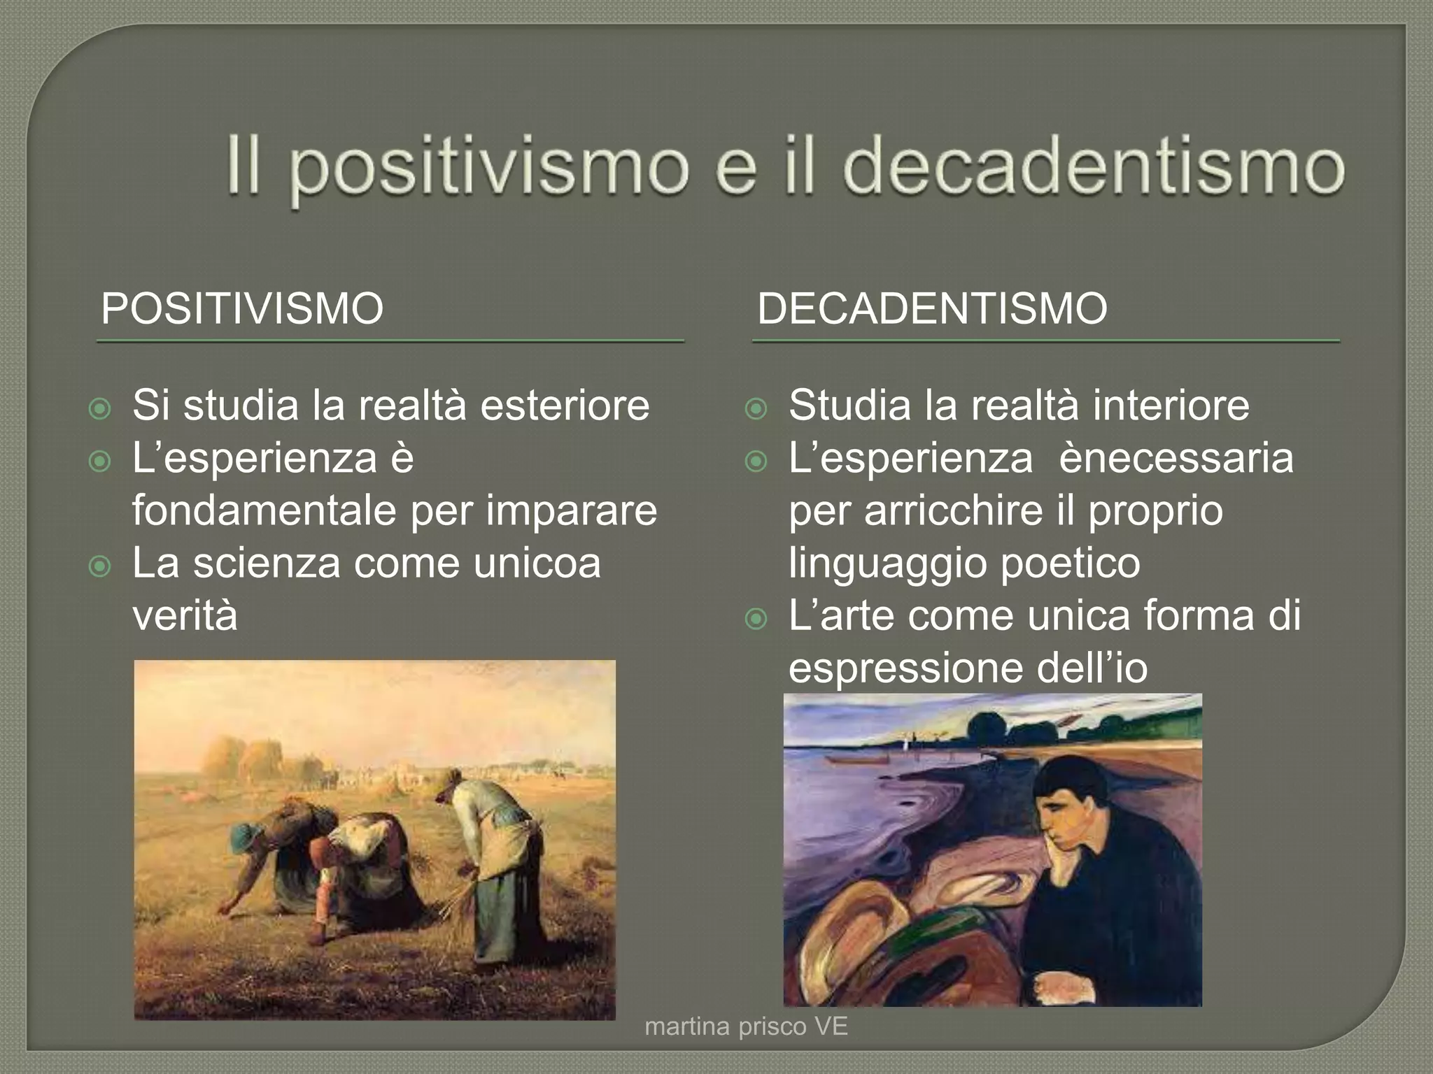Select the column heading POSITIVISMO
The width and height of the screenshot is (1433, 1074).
coord(242,308)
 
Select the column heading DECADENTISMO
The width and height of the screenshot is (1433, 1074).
coord(932,308)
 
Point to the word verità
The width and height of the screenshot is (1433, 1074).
coord(185,615)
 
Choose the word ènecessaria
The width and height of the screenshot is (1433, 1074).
coord(1176,459)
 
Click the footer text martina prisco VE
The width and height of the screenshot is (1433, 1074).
coord(746,1026)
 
